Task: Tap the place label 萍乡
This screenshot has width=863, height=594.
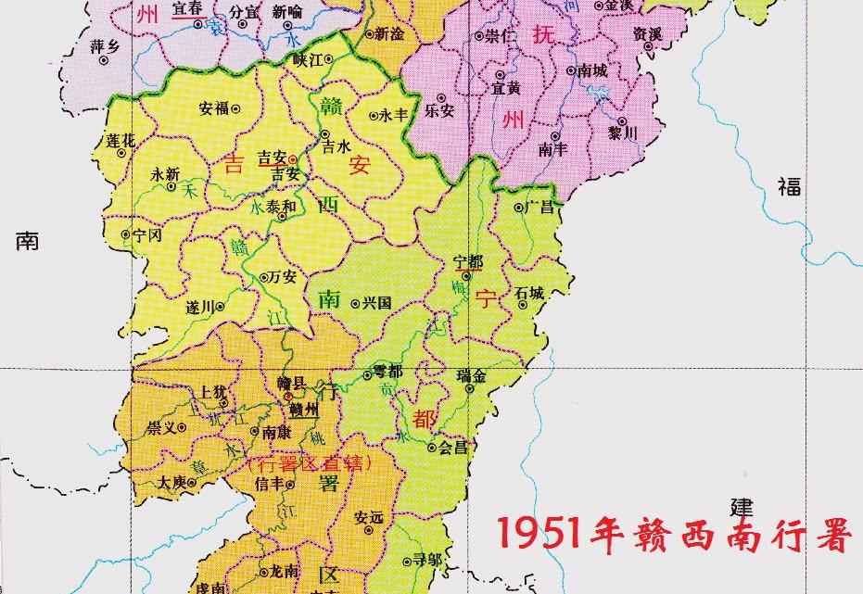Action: coord(105,45)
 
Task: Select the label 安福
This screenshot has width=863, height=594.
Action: coord(213,107)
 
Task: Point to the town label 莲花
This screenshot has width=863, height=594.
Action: coord(121,140)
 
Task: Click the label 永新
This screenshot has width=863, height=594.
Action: coord(165,173)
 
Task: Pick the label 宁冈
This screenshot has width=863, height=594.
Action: coord(147,235)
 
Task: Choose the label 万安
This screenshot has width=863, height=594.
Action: coord(282,276)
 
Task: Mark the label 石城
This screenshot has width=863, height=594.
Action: coord(530,292)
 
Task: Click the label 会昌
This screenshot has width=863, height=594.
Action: coord(453,447)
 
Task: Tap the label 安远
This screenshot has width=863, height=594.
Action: coord(369,517)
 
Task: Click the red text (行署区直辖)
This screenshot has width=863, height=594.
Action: coord(309,462)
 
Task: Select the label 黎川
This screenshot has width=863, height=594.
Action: coord(622,133)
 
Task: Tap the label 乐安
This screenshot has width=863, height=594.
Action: coord(439,108)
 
